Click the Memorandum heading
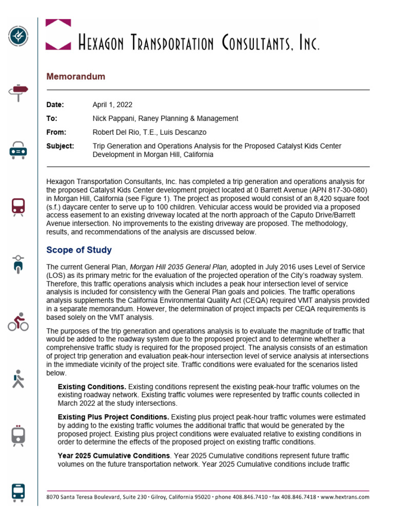pyautogui.click(x=76, y=76)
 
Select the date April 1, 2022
pyautogui.click(x=112, y=105)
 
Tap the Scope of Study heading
pyautogui.click(x=79, y=250)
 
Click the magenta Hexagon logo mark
pyautogui.click(x=58, y=34)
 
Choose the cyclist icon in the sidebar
pyautogui.click(x=18, y=322)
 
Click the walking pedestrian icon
pyautogui.click(x=18, y=379)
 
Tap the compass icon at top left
pyautogui.click(x=18, y=35)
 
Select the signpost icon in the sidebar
pyautogui.click(x=18, y=92)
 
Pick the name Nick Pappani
pyautogui.click(x=113, y=118)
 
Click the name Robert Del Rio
pyautogui.click(x=116, y=132)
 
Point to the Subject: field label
pyautogui.click(x=60, y=146)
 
